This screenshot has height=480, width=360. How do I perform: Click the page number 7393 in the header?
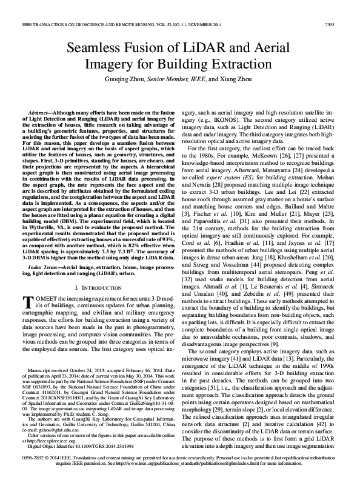point(330,25)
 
